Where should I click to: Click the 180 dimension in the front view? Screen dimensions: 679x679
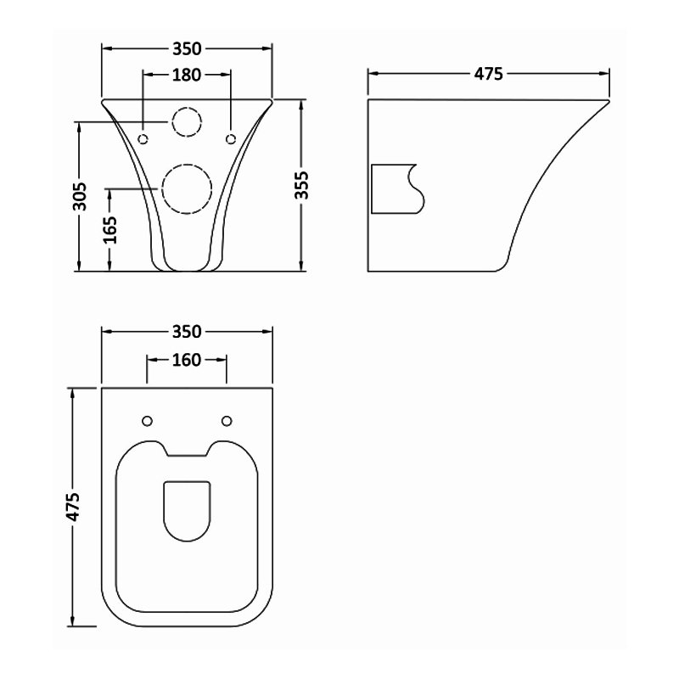(x=186, y=75)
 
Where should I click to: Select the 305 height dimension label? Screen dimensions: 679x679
(x=79, y=197)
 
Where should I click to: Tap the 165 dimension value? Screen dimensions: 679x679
(x=110, y=229)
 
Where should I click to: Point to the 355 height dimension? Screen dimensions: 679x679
(x=301, y=186)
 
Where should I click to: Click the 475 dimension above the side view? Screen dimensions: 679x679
(x=488, y=74)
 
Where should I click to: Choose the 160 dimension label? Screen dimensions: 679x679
(x=186, y=360)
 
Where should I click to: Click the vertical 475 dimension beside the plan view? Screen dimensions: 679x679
(x=74, y=507)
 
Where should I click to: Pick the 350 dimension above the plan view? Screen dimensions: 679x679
(x=186, y=331)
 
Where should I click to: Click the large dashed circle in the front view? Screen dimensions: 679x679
(x=186, y=189)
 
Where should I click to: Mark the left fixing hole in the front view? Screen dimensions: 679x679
(x=143, y=138)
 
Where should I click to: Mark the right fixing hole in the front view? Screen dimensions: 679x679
(x=230, y=138)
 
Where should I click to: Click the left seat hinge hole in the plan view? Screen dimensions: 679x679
(x=146, y=421)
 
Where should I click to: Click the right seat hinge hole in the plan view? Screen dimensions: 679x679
(x=227, y=421)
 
